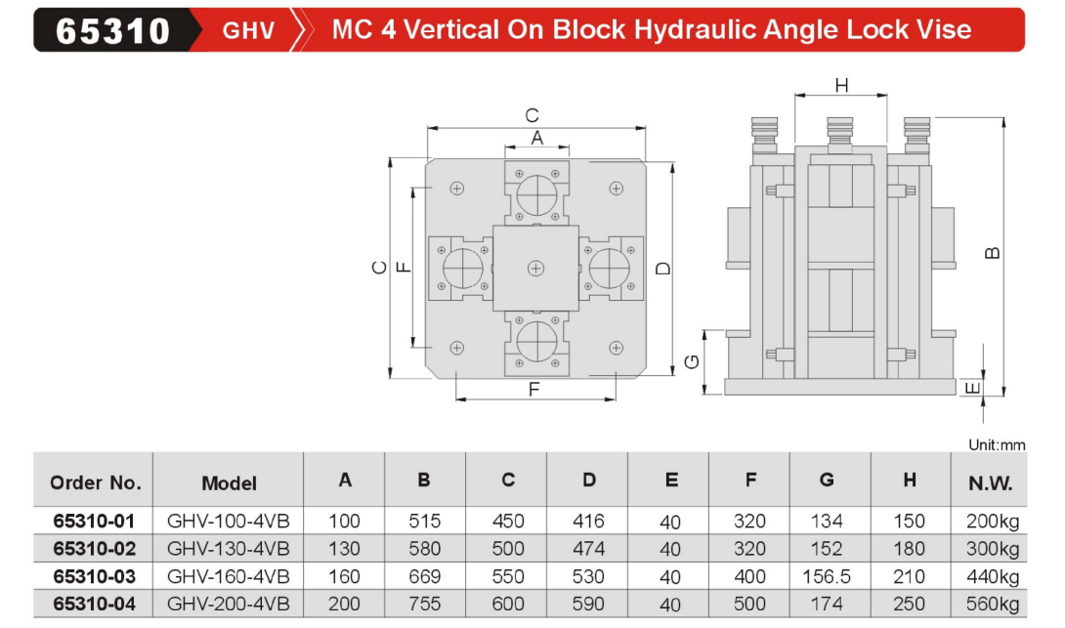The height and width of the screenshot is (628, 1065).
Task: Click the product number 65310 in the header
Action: (113, 30)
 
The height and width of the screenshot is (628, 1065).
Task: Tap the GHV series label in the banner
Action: (248, 30)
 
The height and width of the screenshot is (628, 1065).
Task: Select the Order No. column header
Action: (95, 482)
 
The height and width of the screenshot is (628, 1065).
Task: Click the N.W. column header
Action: (990, 482)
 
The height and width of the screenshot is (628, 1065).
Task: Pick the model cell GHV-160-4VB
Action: (229, 576)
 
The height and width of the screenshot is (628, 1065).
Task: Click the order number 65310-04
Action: (94, 604)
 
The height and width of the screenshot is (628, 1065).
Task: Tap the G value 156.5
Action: (826, 576)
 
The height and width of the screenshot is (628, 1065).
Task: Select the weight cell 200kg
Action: (990, 521)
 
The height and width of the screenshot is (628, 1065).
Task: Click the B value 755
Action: (423, 604)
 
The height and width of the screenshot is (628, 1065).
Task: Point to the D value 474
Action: (587, 549)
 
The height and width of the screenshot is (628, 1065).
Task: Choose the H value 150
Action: (909, 521)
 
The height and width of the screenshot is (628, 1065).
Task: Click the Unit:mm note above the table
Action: (997, 445)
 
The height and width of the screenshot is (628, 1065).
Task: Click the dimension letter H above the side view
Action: (841, 86)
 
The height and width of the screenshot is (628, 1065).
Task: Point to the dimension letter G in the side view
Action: (692, 362)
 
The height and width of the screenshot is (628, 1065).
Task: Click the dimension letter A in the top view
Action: (536, 139)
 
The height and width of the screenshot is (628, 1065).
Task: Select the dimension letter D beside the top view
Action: (663, 268)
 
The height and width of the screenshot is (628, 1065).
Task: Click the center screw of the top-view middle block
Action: (535, 268)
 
